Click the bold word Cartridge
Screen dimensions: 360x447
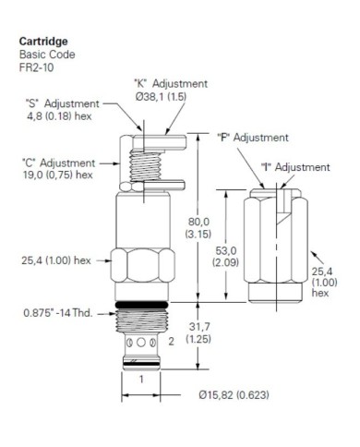[x=43, y=42]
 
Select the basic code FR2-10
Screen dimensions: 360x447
[x=36, y=67]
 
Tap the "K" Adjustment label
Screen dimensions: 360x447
[x=171, y=83]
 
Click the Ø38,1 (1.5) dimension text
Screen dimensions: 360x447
[x=161, y=96]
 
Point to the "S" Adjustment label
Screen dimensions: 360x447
[x=63, y=103]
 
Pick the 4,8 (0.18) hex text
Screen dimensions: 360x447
[x=59, y=116]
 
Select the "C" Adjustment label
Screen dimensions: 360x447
[x=59, y=163]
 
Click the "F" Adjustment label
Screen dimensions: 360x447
[x=253, y=138]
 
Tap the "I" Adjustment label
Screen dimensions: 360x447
[x=295, y=167]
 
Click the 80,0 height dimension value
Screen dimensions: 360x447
[x=198, y=222]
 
